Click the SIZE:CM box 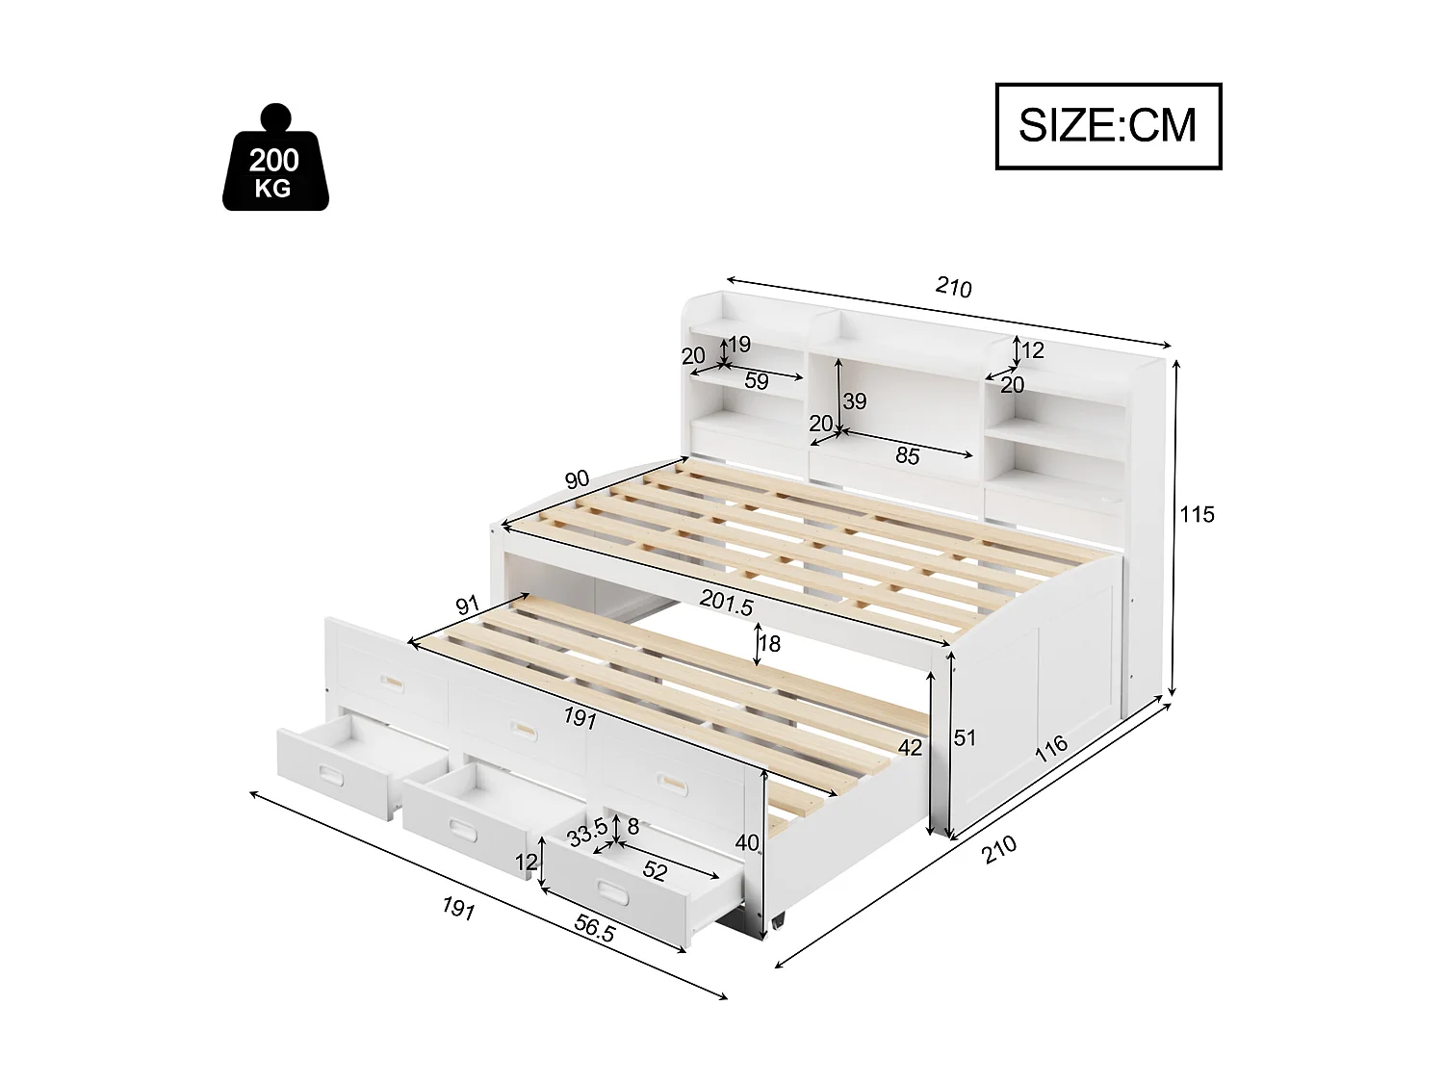click(x=1108, y=126)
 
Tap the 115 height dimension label click(x=1198, y=514)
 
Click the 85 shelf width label click(x=908, y=456)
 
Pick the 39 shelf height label click(x=855, y=401)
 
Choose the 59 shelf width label click(x=757, y=381)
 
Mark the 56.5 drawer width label click(x=594, y=929)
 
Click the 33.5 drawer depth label click(x=587, y=832)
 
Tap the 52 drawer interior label click(x=655, y=871)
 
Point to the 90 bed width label click(x=578, y=480)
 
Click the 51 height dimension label click(x=965, y=738)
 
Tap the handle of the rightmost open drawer click(x=611, y=888)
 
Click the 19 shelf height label click(x=739, y=345)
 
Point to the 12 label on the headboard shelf click(x=1033, y=350)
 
